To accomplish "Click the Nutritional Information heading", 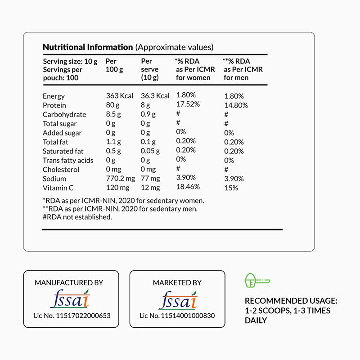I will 87,47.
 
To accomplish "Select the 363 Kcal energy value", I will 118,96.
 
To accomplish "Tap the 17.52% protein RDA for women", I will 188,104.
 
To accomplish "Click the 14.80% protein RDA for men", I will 236,105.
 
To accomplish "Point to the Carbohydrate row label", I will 64,114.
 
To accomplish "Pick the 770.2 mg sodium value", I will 120,179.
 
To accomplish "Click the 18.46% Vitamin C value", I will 188,186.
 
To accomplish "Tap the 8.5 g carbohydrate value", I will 113,114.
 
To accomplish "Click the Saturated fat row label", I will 63,151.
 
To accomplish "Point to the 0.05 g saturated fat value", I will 150,151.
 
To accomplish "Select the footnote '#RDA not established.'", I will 77,217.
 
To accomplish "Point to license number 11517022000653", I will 72,316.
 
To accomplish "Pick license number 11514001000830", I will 177,316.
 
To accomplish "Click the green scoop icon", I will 256,281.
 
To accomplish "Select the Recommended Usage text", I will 291,310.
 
